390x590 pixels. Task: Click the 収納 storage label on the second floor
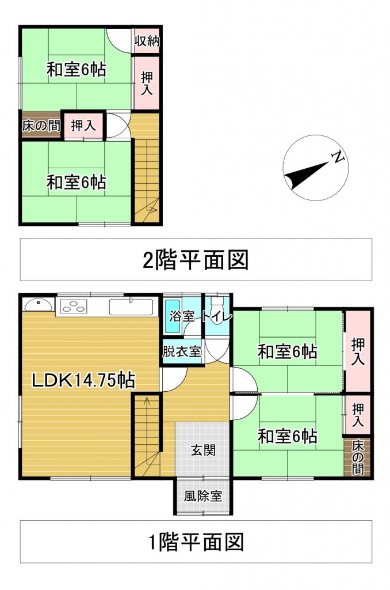point(147,41)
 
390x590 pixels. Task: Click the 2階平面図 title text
point(196,260)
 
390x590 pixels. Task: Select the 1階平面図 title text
point(196,542)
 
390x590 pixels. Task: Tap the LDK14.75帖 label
point(83,380)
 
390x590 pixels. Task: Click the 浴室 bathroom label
point(181,316)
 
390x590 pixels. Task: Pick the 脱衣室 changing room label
point(181,350)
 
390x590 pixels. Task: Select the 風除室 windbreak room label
point(203,496)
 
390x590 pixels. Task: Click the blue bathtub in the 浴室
point(172,316)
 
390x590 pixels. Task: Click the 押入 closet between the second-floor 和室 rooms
point(83,125)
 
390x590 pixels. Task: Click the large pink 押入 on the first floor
point(358,351)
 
